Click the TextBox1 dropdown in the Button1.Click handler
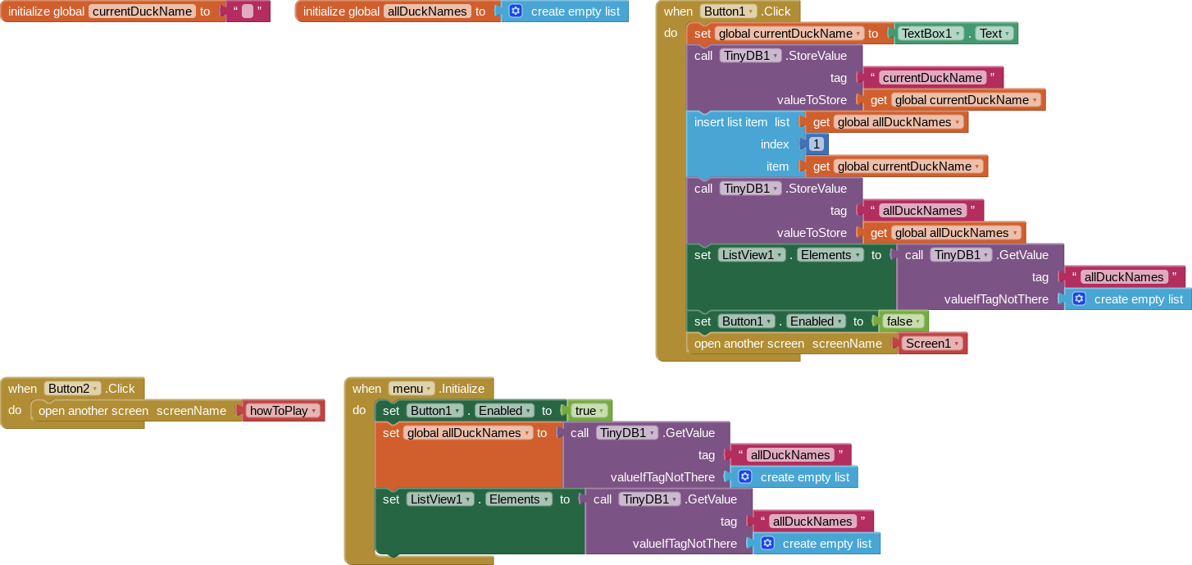[930, 34]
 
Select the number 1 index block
[817, 144]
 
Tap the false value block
[903, 321]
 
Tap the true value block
[589, 411]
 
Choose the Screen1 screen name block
[932, 344]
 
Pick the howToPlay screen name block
[284, 411]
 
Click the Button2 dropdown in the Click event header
[72, 389]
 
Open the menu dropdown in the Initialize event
[412, 389]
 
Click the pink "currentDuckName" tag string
[932, 78]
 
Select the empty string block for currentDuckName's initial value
[248, 11]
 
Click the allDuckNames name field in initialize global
[427, 11]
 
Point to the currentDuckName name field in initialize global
[142, 11]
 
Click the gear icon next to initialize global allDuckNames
[516, 11]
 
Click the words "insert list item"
[730, 122]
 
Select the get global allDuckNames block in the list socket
[887, 122]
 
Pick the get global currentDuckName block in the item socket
[897, 166]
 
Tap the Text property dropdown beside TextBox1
[994, 34]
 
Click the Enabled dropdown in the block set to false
[816, 321]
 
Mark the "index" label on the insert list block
[775, 145]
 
